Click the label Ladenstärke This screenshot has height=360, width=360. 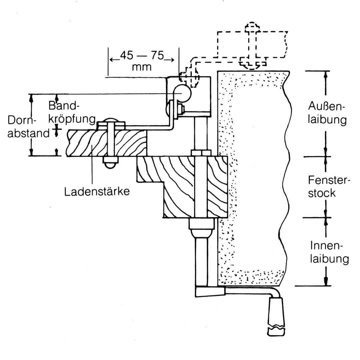tap(97, 191)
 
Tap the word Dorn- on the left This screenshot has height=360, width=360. tap(22, 120)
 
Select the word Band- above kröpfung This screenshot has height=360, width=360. tap(64, 106)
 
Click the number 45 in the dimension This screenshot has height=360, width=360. tap(127, 55)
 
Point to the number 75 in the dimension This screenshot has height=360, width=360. tap(157, 55)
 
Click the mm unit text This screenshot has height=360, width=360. tap(142, 67)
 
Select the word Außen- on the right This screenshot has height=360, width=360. tap(326, 106)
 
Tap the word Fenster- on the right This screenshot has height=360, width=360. tap(329, 180)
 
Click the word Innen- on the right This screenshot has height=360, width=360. tap(326, 246)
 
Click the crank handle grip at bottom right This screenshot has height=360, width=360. tap(276, 316)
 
